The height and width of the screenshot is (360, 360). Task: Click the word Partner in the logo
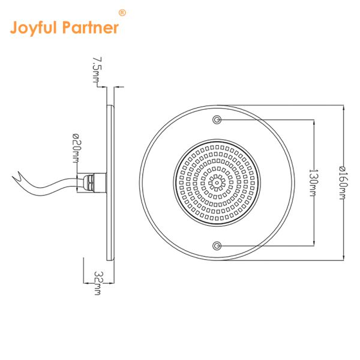coord(91,28)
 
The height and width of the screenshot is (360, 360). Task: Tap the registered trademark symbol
coord(122,13)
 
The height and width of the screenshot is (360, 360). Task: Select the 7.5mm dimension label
coord(97,70)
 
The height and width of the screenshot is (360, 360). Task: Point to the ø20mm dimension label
coord(77,148)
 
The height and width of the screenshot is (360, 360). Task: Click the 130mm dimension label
coord(313,183)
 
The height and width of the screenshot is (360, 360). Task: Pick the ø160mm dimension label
coord(343,183)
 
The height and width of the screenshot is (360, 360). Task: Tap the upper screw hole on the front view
coord(217,119)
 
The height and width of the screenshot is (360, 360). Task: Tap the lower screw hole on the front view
coord(217,246)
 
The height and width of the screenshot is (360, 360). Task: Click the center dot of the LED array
coord(217,183)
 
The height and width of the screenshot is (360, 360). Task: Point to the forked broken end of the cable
coord(17,176)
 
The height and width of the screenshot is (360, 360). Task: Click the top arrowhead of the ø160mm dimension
coord(343,109)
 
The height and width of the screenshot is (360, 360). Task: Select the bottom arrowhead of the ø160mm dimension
coord(343,257)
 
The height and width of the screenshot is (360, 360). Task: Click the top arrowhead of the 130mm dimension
coord(314,123)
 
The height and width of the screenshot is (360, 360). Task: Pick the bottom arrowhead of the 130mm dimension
coord(314,242)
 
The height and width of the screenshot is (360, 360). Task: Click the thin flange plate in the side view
coord(110,183)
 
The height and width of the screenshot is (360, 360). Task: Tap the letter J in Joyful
coord(14,28)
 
